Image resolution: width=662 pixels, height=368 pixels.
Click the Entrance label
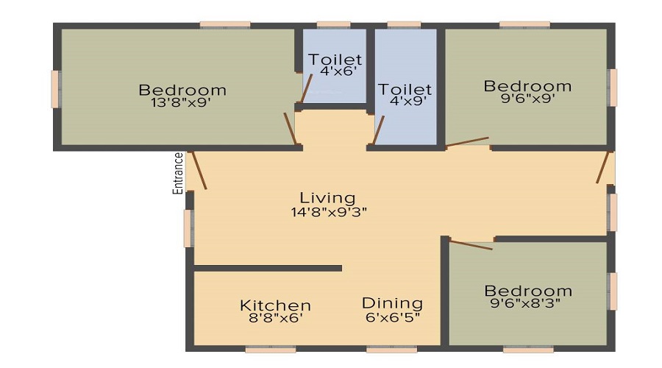(x=179, y=173)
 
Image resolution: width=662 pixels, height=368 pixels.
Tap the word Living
(x=327, y=198)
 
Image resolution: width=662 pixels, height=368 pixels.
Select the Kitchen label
(x=275, y=305)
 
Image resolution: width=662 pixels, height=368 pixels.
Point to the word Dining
(x=392, y=303)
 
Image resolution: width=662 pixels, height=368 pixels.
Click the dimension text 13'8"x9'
(x=180, y=102)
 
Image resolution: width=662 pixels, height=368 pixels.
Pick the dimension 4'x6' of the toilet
(x=338, y=71)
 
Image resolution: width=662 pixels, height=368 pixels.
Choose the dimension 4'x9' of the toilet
(x=407, y=101)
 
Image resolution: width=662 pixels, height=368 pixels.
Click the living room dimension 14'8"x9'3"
(x=329, y=212)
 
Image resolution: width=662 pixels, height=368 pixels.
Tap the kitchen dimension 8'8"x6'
(x=275, y=317)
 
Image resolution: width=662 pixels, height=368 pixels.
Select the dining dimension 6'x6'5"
(x=393, y=316)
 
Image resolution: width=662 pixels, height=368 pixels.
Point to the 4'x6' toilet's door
(x=306, y=88)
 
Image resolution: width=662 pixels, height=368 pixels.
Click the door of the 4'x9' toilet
(x=378, y=130)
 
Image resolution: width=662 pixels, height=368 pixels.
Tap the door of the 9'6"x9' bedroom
(x=467, y=141)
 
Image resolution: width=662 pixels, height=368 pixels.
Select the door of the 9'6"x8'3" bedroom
(x=471, y=244)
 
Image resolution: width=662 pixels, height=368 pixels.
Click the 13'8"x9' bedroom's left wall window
(x=56, y=89)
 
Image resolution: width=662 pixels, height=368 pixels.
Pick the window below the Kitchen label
(x=271, y=350)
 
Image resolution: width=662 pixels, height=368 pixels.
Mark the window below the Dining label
(x=392, y=350)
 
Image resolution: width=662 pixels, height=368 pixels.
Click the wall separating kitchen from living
(x=268, y=269)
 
